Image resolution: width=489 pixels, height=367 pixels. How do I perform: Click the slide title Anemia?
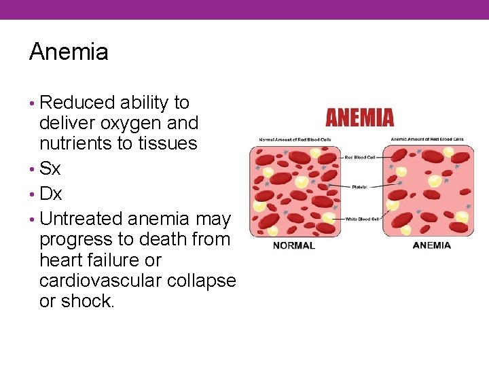tap(69, 52)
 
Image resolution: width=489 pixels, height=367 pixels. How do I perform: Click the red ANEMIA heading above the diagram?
tap(359, 118)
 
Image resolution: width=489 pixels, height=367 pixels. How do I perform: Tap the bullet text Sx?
tap(50, 169)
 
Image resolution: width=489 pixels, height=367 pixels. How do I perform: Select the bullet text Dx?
tap(51, 194)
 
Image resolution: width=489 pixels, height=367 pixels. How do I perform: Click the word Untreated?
tap(81, 219)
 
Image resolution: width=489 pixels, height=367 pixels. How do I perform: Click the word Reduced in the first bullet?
tap(77, 103)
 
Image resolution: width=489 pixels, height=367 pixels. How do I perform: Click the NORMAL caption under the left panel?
tap(293, 245)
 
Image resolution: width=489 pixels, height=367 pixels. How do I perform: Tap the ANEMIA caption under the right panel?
tap(431, 245)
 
